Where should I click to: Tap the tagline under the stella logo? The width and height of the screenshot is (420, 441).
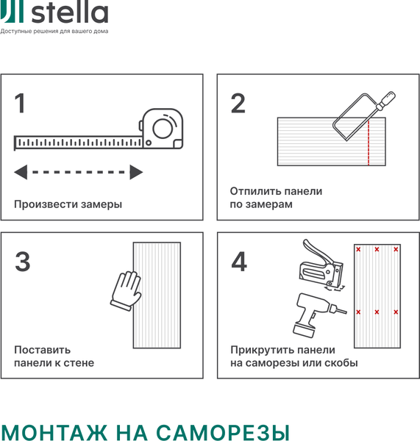click(54, 32)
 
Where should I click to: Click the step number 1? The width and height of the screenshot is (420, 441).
click(20, 104)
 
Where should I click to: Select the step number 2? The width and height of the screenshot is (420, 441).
click(238, 104)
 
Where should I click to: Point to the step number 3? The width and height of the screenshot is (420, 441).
click(23, 262)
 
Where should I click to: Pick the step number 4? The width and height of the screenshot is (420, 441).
click(239, 262)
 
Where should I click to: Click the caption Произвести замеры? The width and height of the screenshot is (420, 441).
click(68, 204)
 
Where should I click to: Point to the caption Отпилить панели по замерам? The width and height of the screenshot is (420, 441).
click(276, 198)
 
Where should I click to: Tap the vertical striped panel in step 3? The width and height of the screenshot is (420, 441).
click(156, 295)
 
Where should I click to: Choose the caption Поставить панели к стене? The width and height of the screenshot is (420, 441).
click(54, 356)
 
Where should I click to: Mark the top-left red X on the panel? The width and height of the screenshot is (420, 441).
click(359, 250)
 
